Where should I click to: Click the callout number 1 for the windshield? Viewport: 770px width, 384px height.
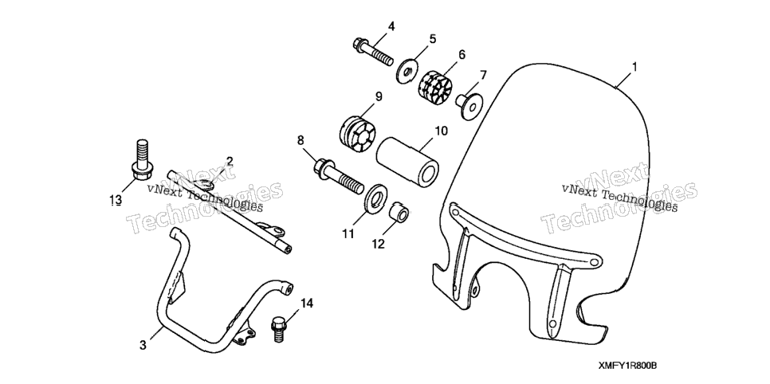coord(634,67)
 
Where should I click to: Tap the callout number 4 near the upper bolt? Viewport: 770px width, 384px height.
coord(391,26)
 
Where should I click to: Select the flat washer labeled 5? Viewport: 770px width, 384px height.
coord(407,71)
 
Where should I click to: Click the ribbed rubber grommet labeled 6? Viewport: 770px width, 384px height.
coord(434,84)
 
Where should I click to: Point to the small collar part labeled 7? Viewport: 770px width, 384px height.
coord(470,104)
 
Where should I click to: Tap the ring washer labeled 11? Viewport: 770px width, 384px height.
coord(376,200)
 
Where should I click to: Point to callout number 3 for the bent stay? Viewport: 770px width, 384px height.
coord(143,345)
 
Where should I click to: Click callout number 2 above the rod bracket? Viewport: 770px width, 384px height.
coord(230,162)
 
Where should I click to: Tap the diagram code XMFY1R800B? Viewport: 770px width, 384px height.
coord(627,366)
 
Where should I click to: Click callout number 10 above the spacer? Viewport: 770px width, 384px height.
coord(441,131)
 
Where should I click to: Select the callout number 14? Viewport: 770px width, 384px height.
coord(306,304)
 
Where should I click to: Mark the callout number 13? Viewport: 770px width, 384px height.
coord(116,200)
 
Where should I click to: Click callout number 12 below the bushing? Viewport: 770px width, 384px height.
coord(378,244)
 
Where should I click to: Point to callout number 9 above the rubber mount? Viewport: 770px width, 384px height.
coord(379,96)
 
